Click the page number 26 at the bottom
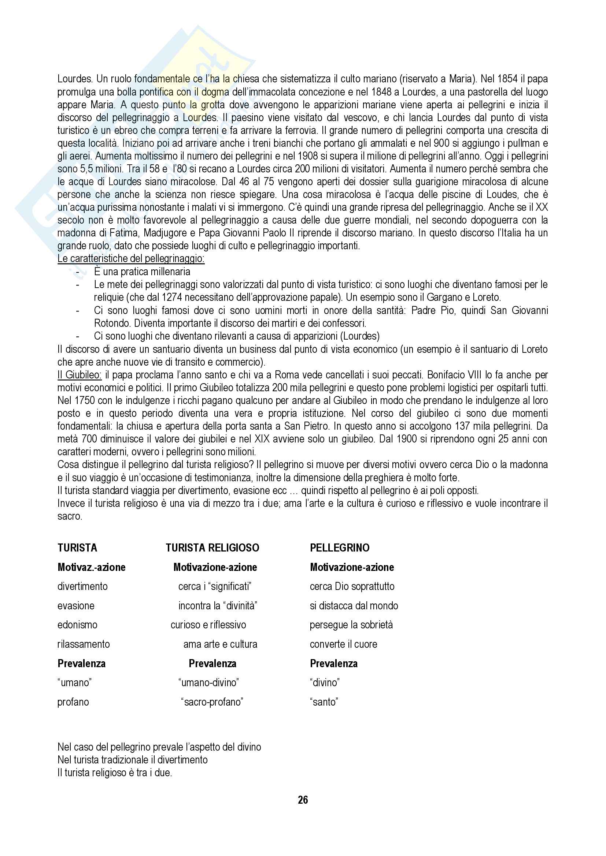(303, 800)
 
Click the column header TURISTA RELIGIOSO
(213, 548)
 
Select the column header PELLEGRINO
(340, 548)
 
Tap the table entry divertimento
(82, 586)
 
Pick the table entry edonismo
(77, 625)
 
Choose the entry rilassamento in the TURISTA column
(84, 644)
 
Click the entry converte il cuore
(343, 644)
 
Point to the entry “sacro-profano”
(212, 702)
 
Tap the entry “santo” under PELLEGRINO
(324, 702)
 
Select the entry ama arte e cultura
(220, 644)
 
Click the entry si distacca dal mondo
(354, 606)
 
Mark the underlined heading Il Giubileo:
(79, 375)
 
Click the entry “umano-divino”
(208, 683)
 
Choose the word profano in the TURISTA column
(73, 702)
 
